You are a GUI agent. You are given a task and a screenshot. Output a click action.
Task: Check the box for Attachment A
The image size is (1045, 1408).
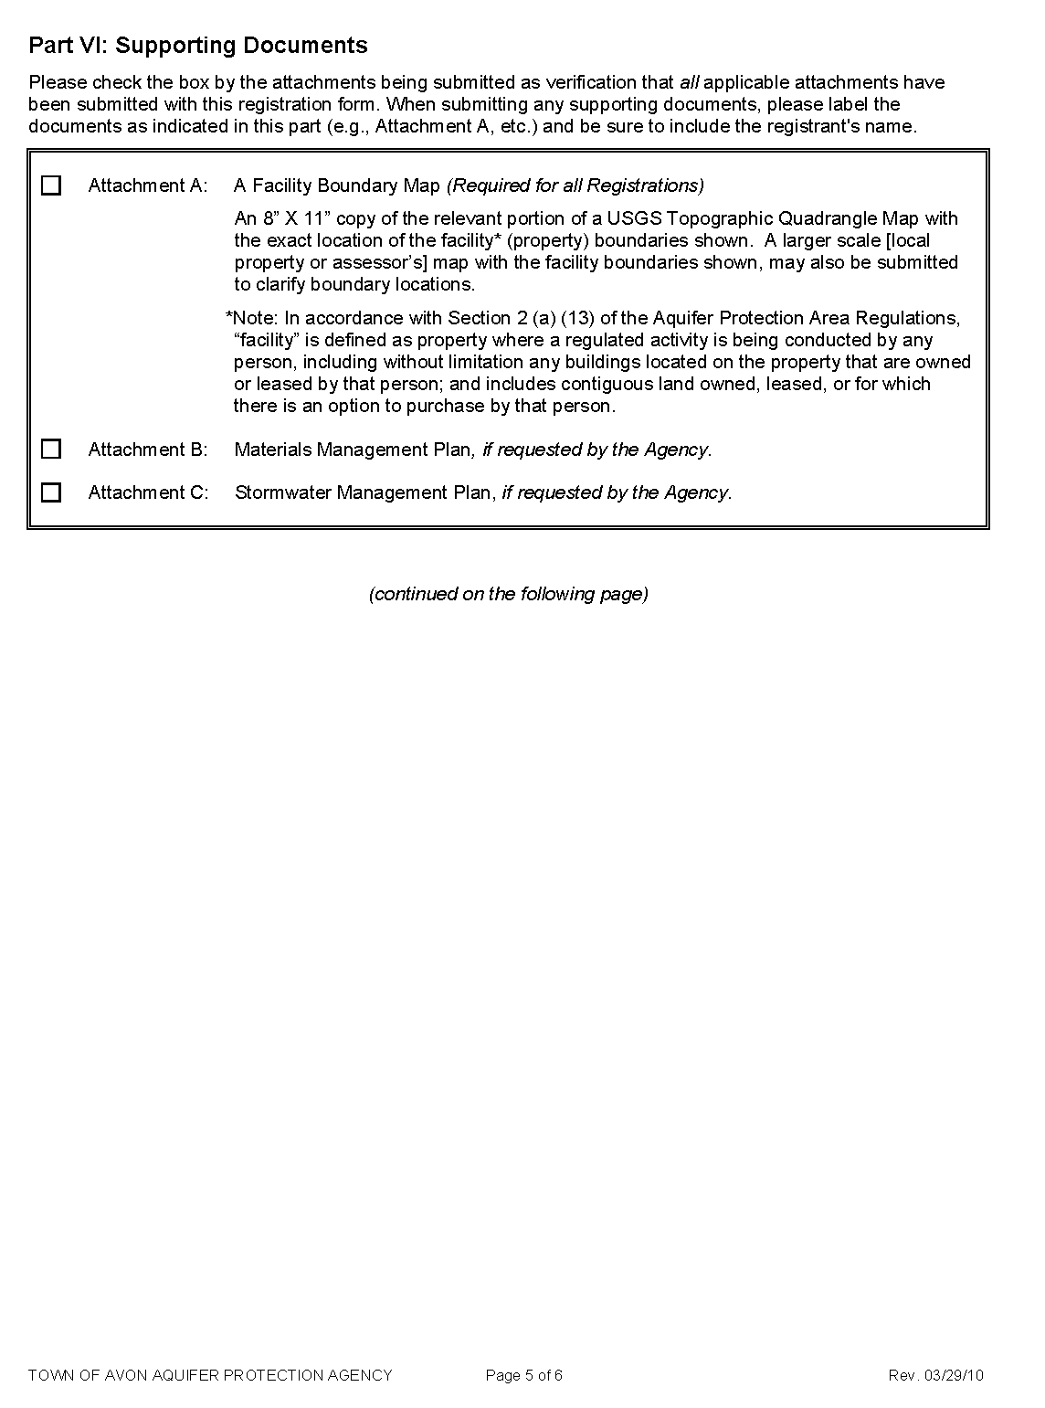coord(51,185)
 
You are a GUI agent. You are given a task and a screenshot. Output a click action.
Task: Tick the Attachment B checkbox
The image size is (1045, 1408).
coord(51,449)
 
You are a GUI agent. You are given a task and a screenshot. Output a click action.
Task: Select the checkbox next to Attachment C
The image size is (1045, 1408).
coord(51,492)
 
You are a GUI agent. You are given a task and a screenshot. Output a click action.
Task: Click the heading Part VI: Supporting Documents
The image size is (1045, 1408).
coord(198,46)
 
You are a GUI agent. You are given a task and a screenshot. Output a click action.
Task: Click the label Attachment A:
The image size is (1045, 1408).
coord(148,185)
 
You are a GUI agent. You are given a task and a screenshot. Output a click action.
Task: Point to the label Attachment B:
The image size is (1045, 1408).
coord(148,450)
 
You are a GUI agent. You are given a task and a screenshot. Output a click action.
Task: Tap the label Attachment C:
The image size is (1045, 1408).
coord(148,492)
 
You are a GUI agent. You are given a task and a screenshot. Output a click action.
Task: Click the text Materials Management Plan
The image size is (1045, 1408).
coord(353,450)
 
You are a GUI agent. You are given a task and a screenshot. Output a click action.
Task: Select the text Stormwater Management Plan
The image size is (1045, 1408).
coord(364,492)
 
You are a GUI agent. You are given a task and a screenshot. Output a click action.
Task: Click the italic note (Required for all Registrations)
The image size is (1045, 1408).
coord(575,185)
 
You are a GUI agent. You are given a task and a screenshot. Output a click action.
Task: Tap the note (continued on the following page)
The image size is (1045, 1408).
coord(509,594)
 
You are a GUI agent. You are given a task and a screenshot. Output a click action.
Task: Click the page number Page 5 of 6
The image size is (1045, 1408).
coord(524,1375)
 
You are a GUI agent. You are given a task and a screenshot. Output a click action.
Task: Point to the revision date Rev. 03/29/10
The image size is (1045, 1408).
coord(935,1375)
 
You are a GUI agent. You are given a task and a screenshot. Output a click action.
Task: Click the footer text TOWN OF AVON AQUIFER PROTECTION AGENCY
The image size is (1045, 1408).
coord(210,1375)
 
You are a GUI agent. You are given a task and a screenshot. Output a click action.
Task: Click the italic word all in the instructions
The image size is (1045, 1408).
coord(689,82)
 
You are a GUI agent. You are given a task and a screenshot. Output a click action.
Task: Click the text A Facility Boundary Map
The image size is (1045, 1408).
coord(337,185)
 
